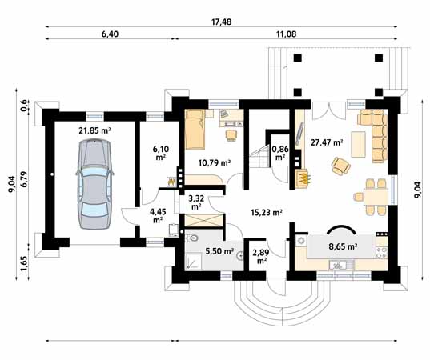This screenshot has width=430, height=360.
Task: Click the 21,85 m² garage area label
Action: tap(94, 130)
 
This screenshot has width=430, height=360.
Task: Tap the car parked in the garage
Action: tap(94, 184)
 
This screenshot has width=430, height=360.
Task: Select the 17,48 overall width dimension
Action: tap(221, 22)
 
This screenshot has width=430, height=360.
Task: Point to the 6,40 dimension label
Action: tap(110, 34)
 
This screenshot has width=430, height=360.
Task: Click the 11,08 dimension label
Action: tap(287, 34)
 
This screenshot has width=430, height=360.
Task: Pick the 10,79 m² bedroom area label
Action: tap(214, 162)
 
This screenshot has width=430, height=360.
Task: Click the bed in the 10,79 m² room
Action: tap(195, 130)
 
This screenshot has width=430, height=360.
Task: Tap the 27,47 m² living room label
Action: tap(327, 142)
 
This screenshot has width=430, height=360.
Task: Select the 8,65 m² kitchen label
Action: tap(343, 246)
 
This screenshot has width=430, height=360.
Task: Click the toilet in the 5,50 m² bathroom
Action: tap(192, 238)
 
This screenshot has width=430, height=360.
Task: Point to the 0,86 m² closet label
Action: tap(279, 153)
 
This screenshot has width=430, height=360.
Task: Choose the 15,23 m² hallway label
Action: tap(267, 212)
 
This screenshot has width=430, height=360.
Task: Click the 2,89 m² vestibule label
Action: tap(261, 256)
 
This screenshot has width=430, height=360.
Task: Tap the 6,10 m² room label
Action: tap(161, 153)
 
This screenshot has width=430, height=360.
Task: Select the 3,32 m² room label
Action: tap(196, 202)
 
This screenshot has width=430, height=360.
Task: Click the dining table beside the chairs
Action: tap(376, 197)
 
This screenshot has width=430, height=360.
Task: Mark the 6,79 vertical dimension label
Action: tap(24, 179)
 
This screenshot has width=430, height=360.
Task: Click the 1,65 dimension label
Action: tap(24, 264)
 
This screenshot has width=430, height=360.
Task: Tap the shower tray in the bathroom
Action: tap(194, 262)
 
